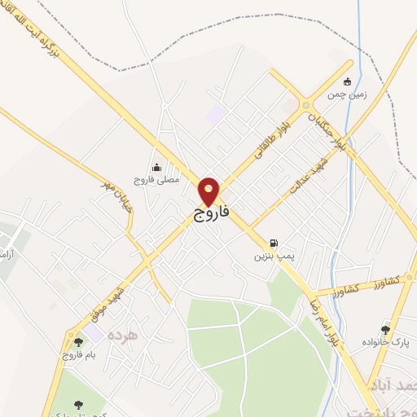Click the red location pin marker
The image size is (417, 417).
(x=209, y=191)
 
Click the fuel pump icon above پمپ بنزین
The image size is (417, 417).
(x=274, y=242)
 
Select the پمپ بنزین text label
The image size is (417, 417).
(x=271, y=257)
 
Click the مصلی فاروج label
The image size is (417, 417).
(x=154, y=178)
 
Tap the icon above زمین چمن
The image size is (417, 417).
(x=348, y=81)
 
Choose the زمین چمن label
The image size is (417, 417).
(x=348, y=94)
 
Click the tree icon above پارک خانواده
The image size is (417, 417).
(x=385, y=329)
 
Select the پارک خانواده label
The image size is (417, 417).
(x=385, y=343)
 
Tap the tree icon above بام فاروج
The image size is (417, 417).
(x=78, y=343)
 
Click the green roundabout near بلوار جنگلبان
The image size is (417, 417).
(x=306, y=104)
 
